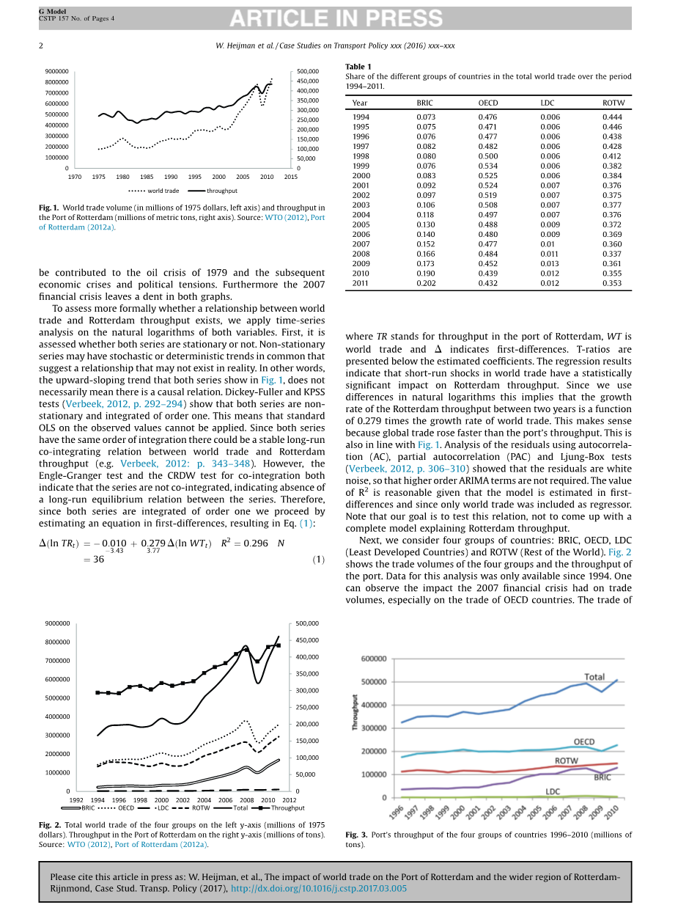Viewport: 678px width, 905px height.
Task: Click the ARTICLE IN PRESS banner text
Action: coord(338,18)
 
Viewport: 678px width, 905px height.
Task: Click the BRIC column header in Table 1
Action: coord(425,103)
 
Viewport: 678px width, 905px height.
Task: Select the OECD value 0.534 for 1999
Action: coord(488,166)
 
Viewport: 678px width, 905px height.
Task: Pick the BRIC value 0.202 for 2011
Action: coord(426,283)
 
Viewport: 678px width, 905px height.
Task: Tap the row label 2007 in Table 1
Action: coord(361,244)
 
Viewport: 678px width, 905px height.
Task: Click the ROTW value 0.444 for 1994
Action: coord(612,117)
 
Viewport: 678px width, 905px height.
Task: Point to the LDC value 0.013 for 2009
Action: coord(550,263)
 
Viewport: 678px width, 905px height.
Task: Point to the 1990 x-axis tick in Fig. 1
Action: coord(171,177)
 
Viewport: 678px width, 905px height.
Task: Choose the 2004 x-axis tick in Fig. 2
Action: coord(204,799)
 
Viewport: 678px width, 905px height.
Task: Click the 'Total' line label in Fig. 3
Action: coord(594,677)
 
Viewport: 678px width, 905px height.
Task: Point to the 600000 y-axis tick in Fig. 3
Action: coord(374,659)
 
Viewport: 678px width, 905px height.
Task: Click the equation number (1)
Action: coord(319,560)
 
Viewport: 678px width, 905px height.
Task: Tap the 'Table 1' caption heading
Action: coord(358,67)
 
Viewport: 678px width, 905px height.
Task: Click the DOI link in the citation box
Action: coord(319,888)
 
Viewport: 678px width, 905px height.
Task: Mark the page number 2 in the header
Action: coord(41,45)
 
